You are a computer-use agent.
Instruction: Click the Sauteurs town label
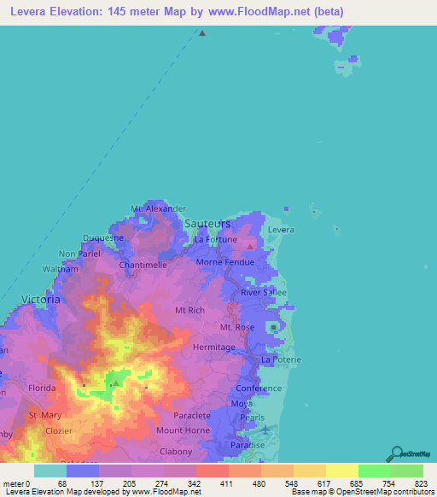coord(208,223)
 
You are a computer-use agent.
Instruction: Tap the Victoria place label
coord(40,300)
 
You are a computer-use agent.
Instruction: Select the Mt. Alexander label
coord(159,208)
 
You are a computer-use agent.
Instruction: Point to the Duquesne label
coord(103,238)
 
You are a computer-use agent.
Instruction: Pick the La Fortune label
coord(214,240)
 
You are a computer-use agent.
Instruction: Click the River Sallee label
coord(263,292)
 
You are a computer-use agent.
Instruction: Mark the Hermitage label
coord(213,348)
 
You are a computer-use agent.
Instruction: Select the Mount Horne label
coord(178,430)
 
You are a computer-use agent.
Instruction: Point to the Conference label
coord(259,388)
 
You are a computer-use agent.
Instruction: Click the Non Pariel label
coord(79,254)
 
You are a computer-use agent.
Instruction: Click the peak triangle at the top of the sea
coord(202,34)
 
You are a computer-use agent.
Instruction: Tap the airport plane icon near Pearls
coord(265,429)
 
